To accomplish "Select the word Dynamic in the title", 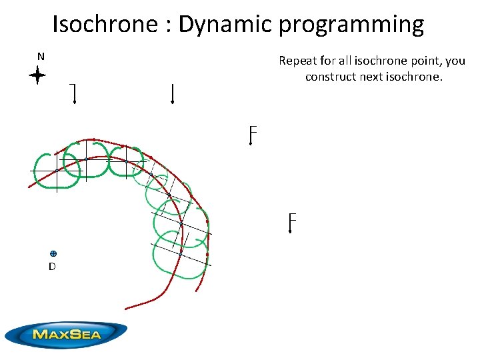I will pyautogui.click(x=227, y=25).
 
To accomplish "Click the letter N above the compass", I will pyautogui.click(x=41, y=57).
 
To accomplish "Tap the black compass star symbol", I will pyautogui.click(x=37, y=76).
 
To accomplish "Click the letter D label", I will pyautogui.click(x=52, y=266).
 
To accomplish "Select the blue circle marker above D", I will pyautogui.click(x=53, y=253).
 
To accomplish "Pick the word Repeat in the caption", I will pyautogui.click(x=297, y=61).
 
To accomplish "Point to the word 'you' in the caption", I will pyautogui.click(x=455, y=61).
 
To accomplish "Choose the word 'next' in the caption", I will pyautogui.click(x=372, y=76).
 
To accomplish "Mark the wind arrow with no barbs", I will pyautogui.click(x=173, y=94).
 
